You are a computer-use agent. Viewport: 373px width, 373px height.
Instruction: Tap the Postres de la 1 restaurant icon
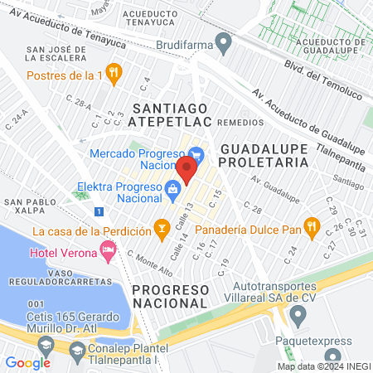tap(115, 73)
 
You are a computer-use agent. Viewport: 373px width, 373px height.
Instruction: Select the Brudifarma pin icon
tap(222, 42)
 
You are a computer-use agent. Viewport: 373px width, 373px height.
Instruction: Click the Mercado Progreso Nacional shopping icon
tap(196, 153)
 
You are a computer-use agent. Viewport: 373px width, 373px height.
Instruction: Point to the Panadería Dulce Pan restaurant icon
tap(312, 225)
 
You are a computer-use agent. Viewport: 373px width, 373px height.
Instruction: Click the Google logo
tap(27, 362)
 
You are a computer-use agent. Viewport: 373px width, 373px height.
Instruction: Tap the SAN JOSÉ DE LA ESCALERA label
tap(53, 54)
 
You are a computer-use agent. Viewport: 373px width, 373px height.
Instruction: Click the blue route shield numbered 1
tap(99, 212)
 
